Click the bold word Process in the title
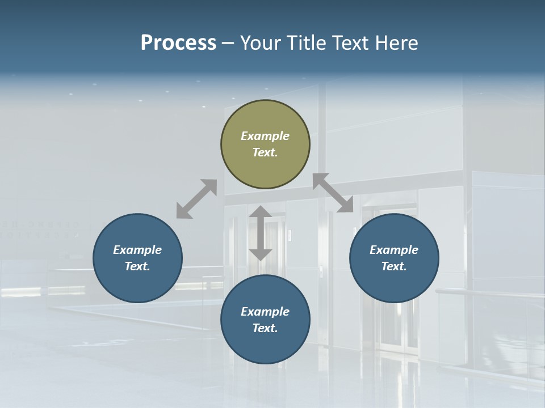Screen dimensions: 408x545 tap(178, 43)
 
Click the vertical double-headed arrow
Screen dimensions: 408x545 tap(261, 233)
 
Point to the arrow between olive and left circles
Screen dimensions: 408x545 tap(196, 199)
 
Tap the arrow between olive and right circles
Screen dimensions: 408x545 tap(333, 193)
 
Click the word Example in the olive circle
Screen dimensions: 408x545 tap(265, 136)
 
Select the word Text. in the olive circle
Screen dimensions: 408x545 tap(265, 152)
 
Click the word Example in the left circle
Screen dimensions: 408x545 tap(137, 250)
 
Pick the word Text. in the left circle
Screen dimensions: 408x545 tap(137, 266)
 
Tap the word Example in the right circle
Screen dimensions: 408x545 tap(394, 250)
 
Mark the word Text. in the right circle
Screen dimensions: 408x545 tap(394, 266)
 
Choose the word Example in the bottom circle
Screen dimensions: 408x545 tap(265, 312)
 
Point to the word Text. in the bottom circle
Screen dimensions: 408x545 tap(265, 328)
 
